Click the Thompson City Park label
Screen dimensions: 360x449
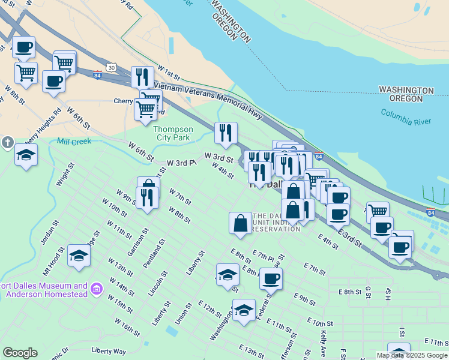coord(173,133)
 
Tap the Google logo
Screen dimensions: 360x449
coord(20,353)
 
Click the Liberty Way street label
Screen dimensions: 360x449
coord(109,350)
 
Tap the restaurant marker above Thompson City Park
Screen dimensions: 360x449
coord(226,133)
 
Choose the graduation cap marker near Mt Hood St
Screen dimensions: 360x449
coord(79,256)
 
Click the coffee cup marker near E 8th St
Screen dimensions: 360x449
coord(271,278)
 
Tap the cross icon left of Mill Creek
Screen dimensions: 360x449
coord(7,143)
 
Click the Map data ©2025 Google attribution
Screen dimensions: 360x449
coord(412,355)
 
